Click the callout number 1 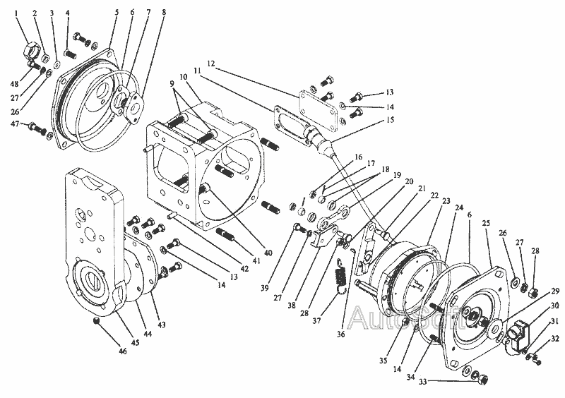tap(16, 13)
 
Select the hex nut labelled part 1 tap(31, 49)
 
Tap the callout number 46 tap(123, 350)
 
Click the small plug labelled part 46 tap(96, 321)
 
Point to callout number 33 tap(422, 382)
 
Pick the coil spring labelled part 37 tap(340, 274)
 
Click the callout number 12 tap(210, 64)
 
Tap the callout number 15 tap(391, 119)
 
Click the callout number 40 tap(268, 253)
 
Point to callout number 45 tap(135, 342)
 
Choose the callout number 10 tap(184, 77)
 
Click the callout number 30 tap(554, 306)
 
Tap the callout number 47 tap(15, 123)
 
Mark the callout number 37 tap(316, 320)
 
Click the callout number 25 tap(486, 223)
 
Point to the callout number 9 tap(172, 83)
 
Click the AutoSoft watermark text tap(400, 318)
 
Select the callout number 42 tap(244, 268)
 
